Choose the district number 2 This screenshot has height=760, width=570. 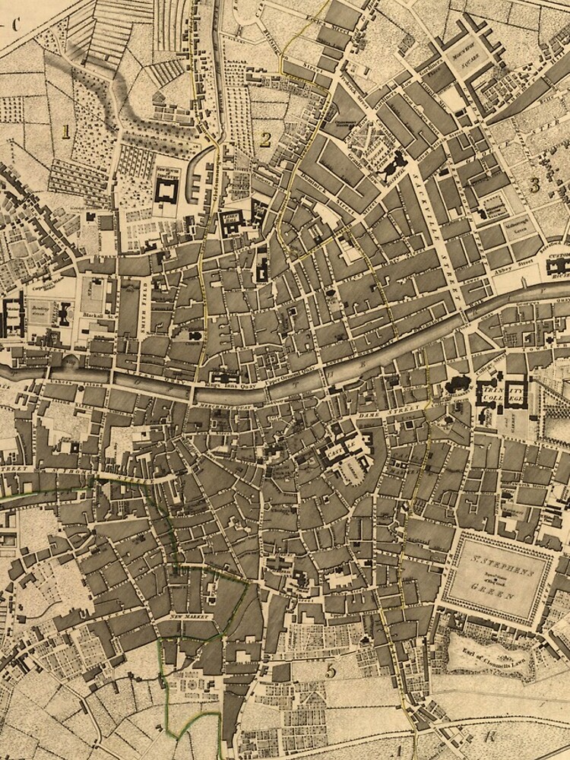265,138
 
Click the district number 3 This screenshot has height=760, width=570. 534,184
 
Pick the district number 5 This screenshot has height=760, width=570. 330,670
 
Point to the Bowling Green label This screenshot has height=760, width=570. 40,312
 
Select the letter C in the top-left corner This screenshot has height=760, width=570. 13,22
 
